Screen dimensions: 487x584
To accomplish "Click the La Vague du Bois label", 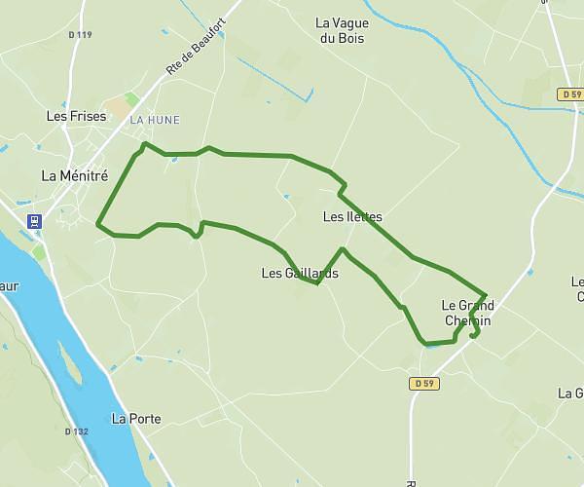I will tap(351, 30).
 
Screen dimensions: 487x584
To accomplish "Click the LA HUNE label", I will tap(154, 120).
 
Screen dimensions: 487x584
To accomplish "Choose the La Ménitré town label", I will tap(74, 175).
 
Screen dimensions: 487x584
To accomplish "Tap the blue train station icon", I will tap(35, 221).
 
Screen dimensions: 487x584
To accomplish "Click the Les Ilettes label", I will tap(351, 216).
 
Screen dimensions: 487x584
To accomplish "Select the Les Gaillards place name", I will tap(300, 273).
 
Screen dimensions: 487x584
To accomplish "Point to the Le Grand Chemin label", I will tap(465, 313).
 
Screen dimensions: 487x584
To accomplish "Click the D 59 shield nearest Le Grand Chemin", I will tap(423, 384).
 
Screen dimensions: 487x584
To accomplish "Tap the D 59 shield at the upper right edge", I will tap(570, 94).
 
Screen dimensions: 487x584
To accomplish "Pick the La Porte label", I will tap(136, 419).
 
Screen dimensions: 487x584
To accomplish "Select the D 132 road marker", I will tap(77, 431).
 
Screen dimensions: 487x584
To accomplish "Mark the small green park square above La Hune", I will tap(131, 99).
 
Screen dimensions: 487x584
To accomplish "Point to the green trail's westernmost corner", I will tap(98, 225).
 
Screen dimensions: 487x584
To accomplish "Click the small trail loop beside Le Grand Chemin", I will tap(475, 331).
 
